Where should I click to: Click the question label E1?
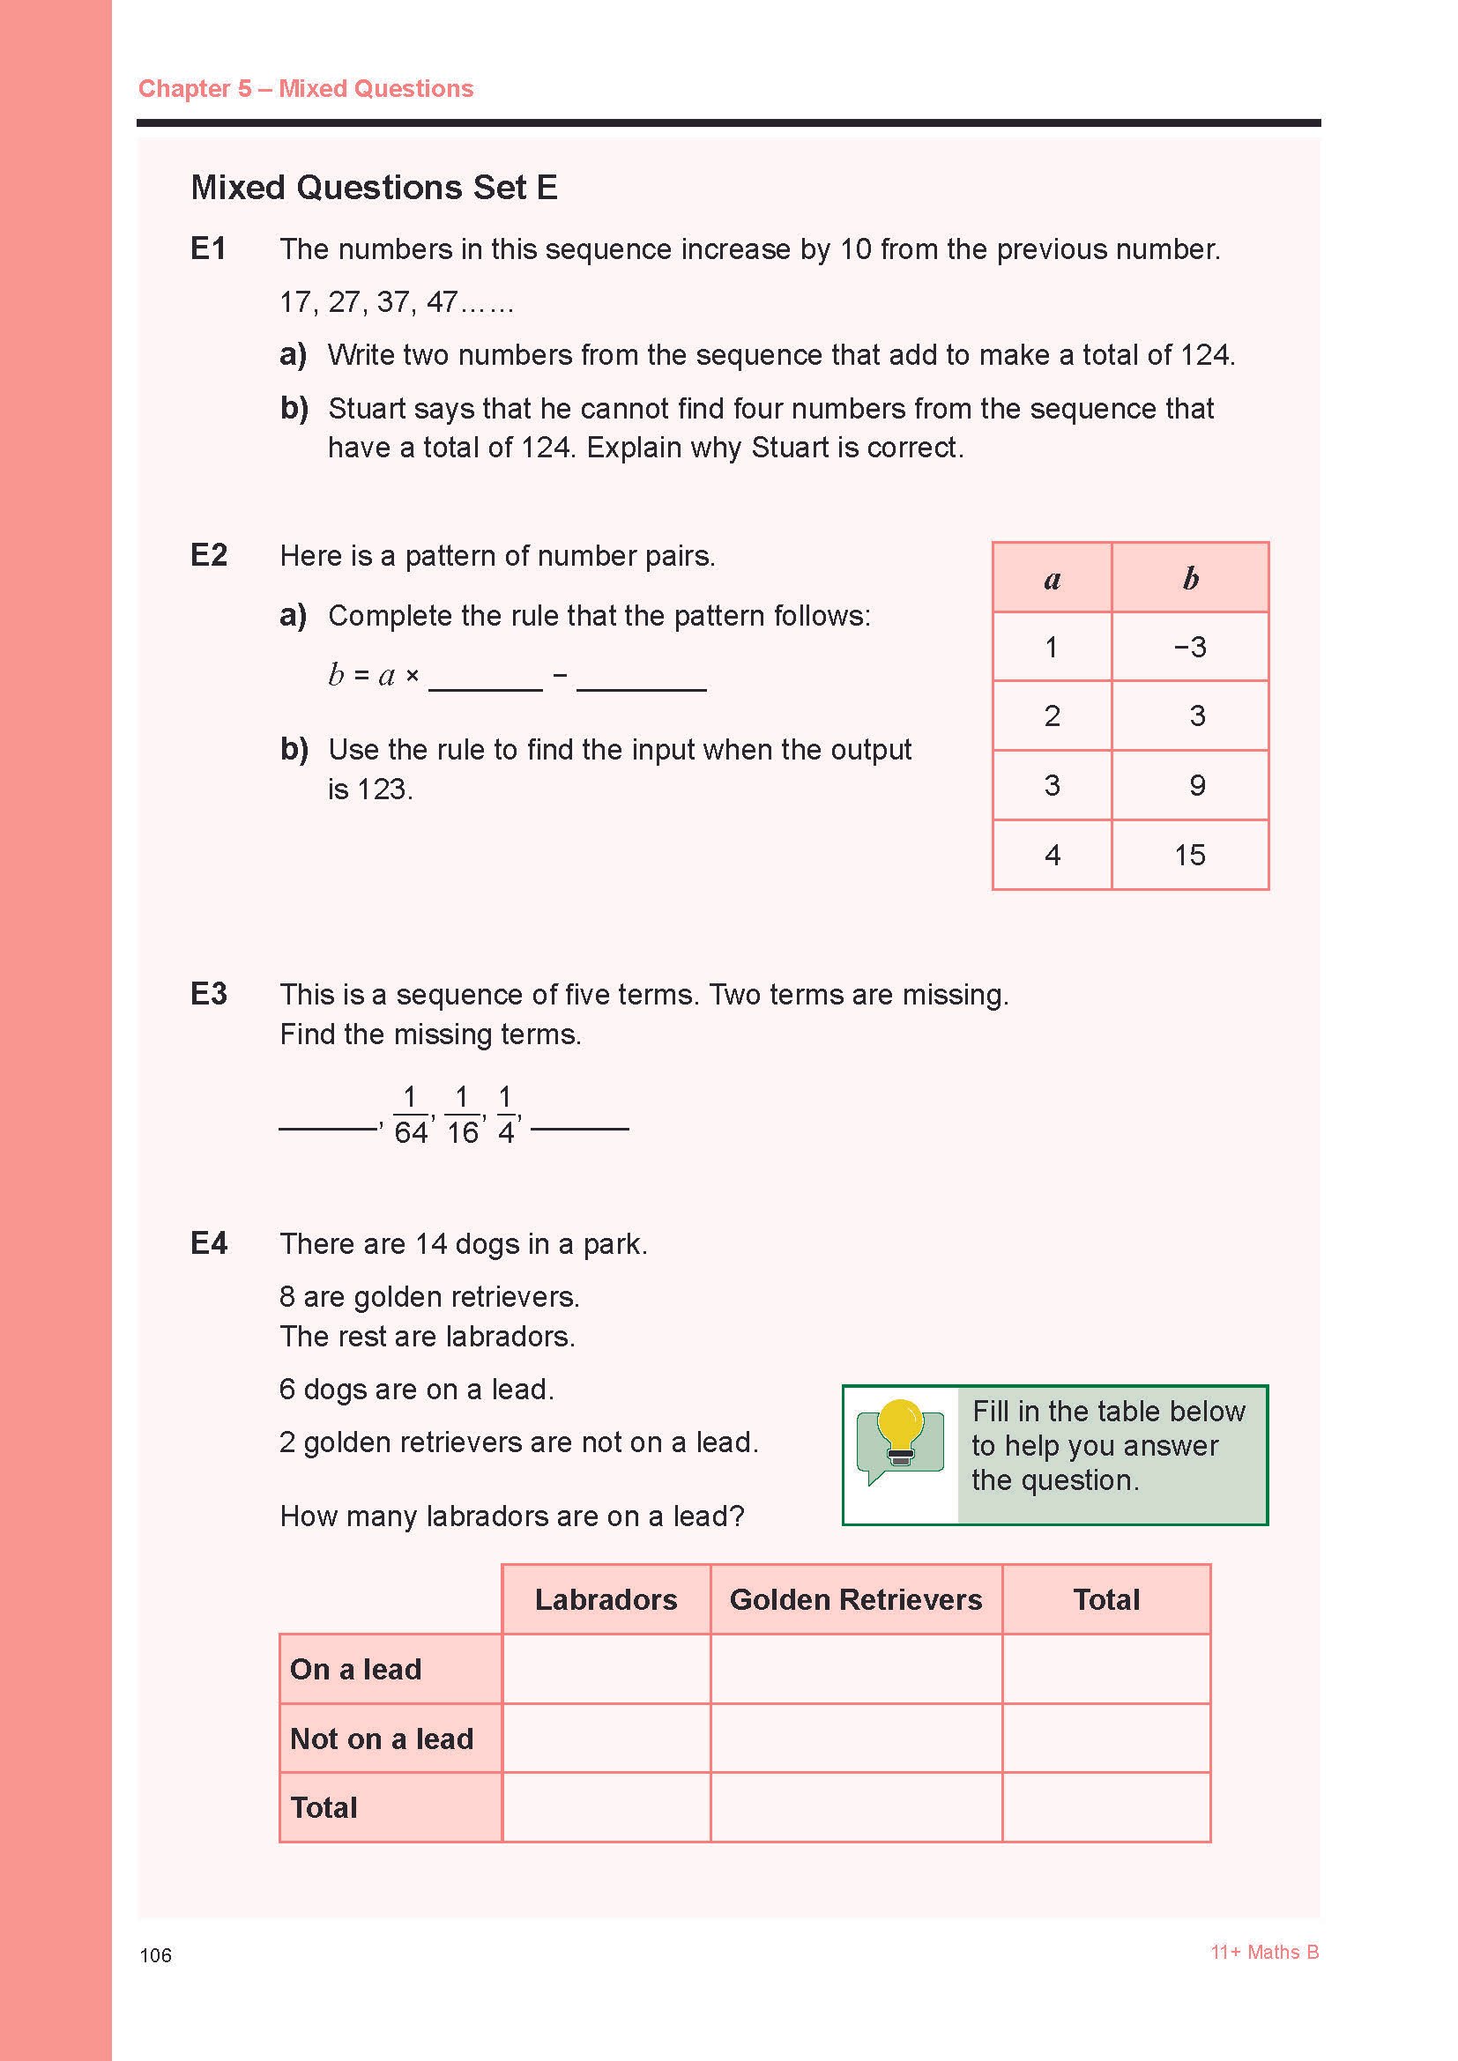click(208, 248)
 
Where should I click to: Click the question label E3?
click(208, 994)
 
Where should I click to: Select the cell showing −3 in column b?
click(1189, 646)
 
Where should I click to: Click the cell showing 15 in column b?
click(1189, 855)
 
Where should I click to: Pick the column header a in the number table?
click(1053, 578)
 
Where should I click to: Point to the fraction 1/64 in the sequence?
click(410, 1115)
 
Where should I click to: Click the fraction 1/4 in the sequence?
click(505, 1115)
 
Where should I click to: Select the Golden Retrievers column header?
click(856, 1599)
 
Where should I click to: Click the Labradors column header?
click(606, 1599)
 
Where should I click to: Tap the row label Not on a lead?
click(382, 1739)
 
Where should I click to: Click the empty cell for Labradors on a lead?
click(606, 1669)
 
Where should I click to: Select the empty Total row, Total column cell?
click(1106, 1807)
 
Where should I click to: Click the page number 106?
click(155, 1955)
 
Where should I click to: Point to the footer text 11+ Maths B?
click(1264, 1952)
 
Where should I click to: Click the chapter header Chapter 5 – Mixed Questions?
click(305, 88)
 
